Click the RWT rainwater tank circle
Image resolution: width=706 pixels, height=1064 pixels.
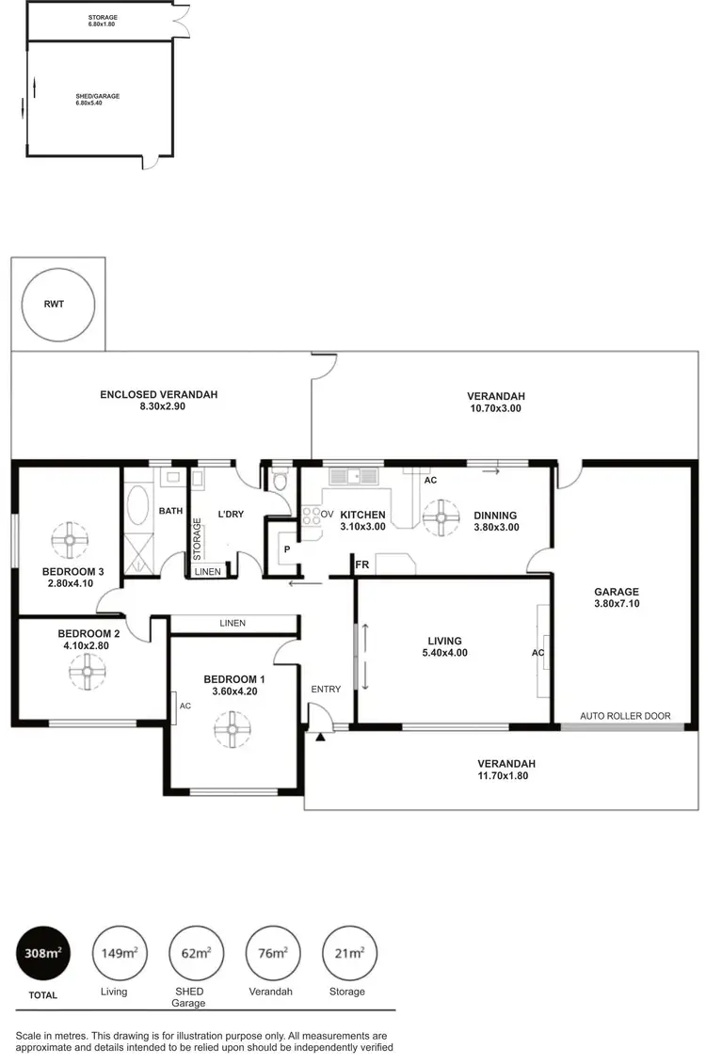(58, 304)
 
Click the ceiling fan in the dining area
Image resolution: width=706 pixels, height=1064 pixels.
(440, 516)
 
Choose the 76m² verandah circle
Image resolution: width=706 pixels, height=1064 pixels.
(273, 953)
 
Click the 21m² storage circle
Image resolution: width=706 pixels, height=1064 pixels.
(349, 953)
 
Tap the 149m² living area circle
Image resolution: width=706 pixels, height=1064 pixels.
(119, 953)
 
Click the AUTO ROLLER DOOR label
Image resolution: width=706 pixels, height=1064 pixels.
(625, 716)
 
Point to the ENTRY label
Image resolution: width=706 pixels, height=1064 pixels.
(326, 690)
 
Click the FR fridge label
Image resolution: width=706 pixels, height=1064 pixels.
(361, 565)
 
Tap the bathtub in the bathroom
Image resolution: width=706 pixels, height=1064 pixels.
(137, 506)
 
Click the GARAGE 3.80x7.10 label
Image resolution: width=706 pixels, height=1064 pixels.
(617, 597)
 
